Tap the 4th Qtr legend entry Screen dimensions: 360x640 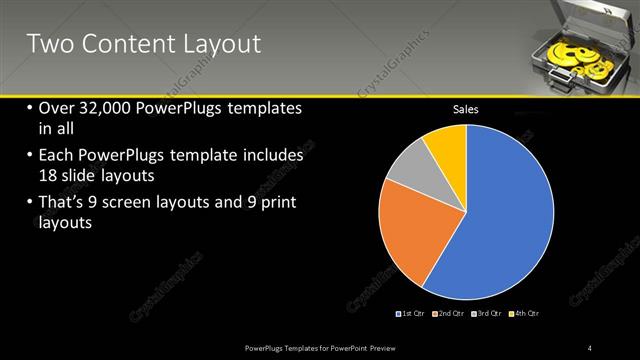pos(526,314)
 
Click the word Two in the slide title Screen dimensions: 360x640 pos(47,43)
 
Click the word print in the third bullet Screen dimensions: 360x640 pos(274,203)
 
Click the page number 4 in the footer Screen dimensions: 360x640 pos(590,347)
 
